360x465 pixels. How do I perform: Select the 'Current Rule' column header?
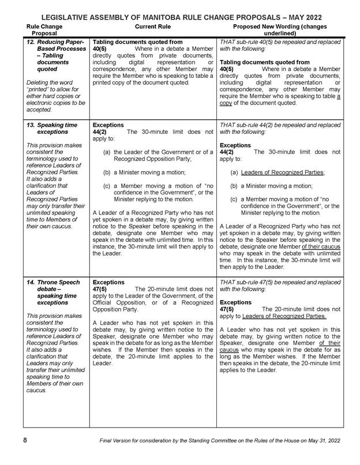pos(152,27)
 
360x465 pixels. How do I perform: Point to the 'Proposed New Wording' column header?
pos(279,30)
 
